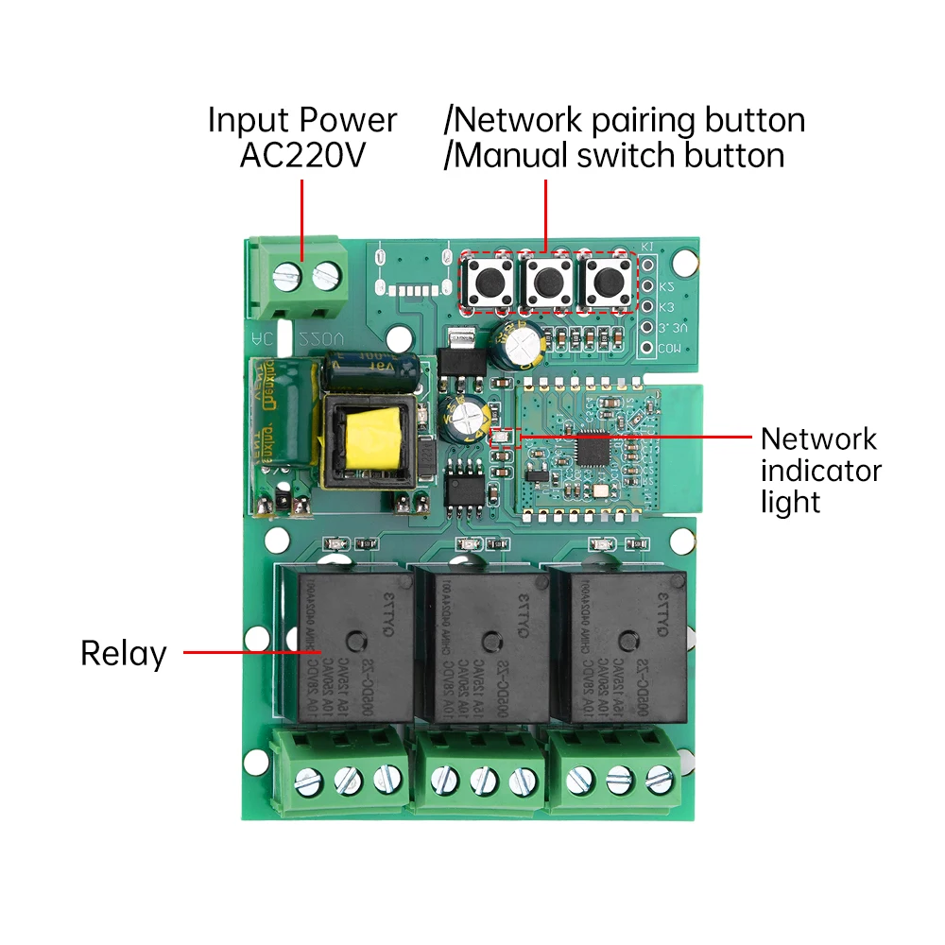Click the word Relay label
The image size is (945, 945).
(x=123, y=653)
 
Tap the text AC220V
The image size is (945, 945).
(x=301, y=155)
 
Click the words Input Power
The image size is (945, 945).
(x=301, y=120)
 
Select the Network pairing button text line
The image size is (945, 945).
(x=625, y=120)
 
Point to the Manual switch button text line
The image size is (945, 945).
(x=614, y=155)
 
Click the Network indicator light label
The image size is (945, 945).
(x=820, y=470)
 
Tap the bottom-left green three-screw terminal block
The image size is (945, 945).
(x=343, y=770)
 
